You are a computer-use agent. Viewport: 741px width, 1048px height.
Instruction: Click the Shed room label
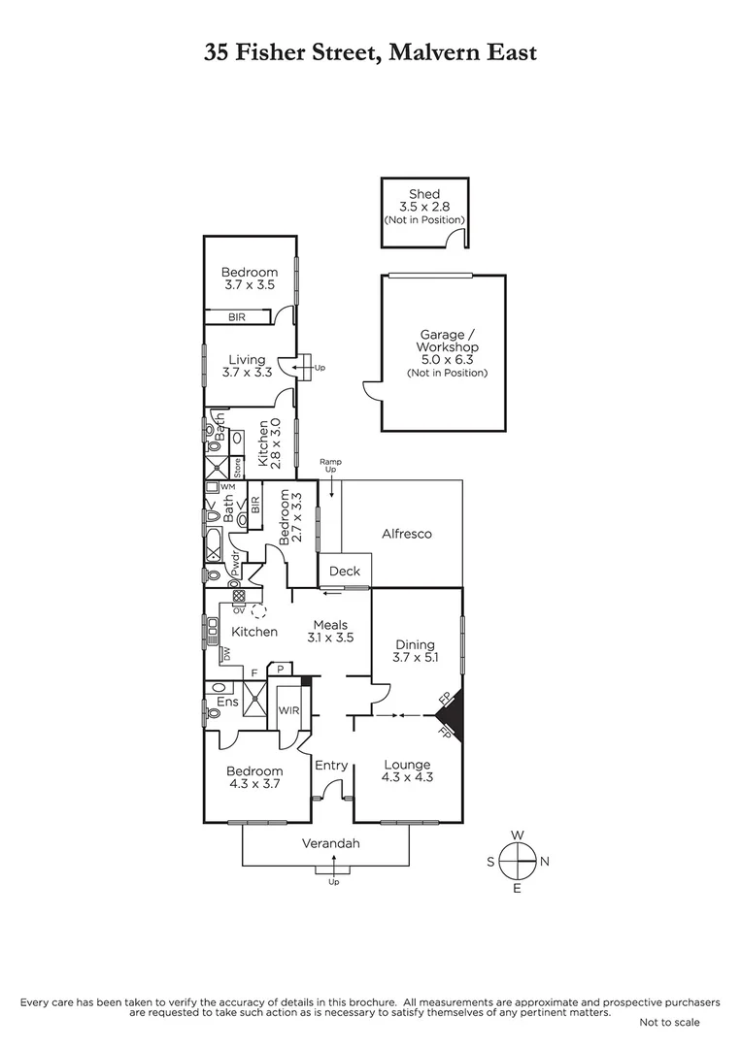point(424,194)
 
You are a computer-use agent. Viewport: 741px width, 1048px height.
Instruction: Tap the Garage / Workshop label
point(447,341)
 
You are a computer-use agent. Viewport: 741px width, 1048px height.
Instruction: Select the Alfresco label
point(407,534)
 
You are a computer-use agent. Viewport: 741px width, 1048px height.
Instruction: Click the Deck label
point(345,571)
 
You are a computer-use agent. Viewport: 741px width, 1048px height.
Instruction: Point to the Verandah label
point(330,843)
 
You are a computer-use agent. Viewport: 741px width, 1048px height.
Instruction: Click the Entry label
point(331,766)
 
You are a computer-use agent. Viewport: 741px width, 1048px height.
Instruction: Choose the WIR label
point(288,710)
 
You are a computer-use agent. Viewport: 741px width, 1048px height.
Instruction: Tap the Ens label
point(227,702)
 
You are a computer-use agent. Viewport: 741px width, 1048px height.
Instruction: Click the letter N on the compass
point(545,862)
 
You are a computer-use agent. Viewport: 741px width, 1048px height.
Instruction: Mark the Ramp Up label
point(330,466)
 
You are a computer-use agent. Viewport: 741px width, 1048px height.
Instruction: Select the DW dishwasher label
point(226,654)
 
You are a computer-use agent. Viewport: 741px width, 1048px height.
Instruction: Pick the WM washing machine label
point(227,486)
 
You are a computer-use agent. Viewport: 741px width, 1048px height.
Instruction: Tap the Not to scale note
point(669,1022)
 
